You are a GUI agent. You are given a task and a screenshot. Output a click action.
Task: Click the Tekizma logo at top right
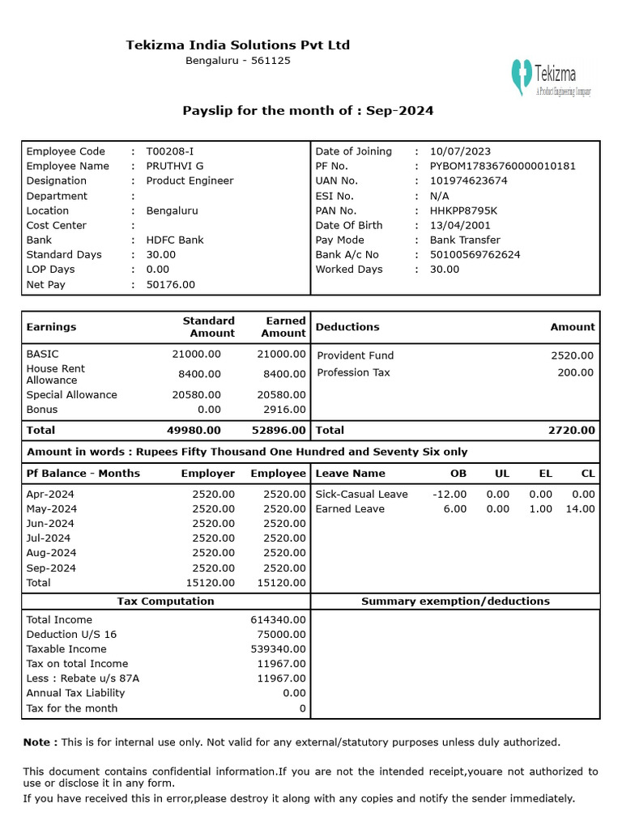click(x=550, y=78)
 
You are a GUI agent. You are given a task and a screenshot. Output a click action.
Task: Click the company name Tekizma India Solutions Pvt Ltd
click(x=237, y=45)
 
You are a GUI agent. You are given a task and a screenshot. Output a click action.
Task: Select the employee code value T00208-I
click(x=170, y=151)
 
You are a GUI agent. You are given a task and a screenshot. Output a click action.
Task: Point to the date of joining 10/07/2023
click(x=460, y=151)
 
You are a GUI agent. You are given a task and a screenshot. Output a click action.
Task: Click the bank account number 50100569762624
click(x=475, y=254)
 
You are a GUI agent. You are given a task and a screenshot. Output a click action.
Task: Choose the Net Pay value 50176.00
click(x=170, y=284)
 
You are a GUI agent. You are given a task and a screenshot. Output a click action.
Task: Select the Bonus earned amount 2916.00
click(x=281, y=410)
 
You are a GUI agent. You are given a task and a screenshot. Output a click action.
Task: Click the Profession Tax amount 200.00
click(x=575, y=372)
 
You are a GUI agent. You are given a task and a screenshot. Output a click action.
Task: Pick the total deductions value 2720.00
click(x=571, y=431)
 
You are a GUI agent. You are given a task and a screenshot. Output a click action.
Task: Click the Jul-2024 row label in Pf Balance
click(x=49, y=538)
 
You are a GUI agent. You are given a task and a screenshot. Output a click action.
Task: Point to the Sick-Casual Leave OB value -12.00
click(x=449, y=494)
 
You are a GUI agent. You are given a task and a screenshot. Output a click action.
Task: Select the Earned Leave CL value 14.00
click(x=580, y=509)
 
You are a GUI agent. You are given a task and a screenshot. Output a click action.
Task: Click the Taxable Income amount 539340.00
click(x=278, y=649)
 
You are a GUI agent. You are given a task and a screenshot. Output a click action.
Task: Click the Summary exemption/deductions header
click(x=455, y=602)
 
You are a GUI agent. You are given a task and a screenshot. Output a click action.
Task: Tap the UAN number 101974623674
click(x=468, y=181)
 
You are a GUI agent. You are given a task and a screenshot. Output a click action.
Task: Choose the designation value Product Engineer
click(x=190, y=181)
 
